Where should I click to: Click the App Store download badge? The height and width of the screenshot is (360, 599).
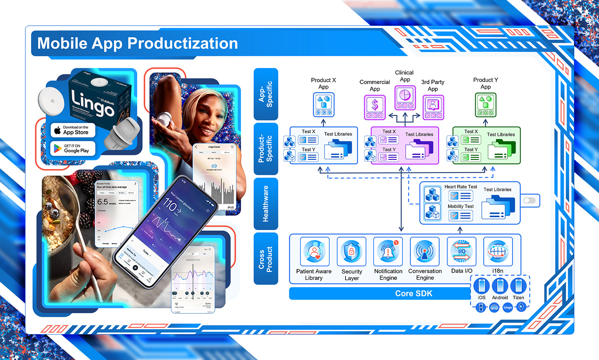73,130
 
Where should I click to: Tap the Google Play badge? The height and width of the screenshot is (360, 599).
73,148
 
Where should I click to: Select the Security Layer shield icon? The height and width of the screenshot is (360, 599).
351,252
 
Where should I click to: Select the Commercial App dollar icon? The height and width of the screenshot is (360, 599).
375,107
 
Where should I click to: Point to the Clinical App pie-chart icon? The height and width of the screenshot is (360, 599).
405,97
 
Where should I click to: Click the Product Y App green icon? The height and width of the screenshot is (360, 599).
486,105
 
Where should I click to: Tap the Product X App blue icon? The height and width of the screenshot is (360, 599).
323,104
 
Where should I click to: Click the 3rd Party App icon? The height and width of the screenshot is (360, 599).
433,107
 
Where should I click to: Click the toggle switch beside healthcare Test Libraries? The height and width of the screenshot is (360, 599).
529,201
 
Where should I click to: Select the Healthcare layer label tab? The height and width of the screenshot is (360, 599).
266,203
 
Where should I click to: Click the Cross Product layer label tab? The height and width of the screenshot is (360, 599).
266,258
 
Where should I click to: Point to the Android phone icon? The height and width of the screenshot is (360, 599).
500,286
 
